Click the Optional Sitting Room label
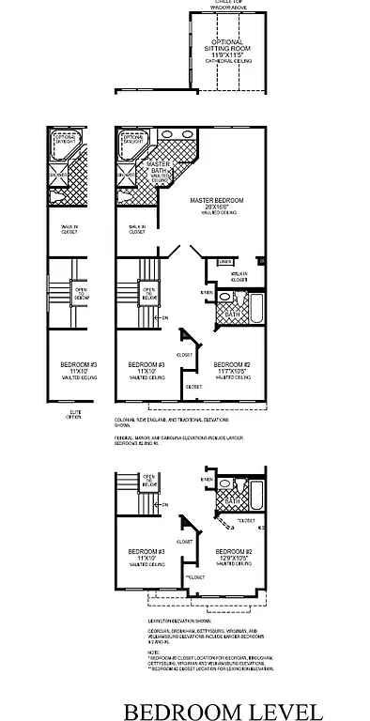(228, 49)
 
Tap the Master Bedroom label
(217, 206)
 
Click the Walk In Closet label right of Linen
(239, 277)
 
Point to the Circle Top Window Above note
(228, 4)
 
